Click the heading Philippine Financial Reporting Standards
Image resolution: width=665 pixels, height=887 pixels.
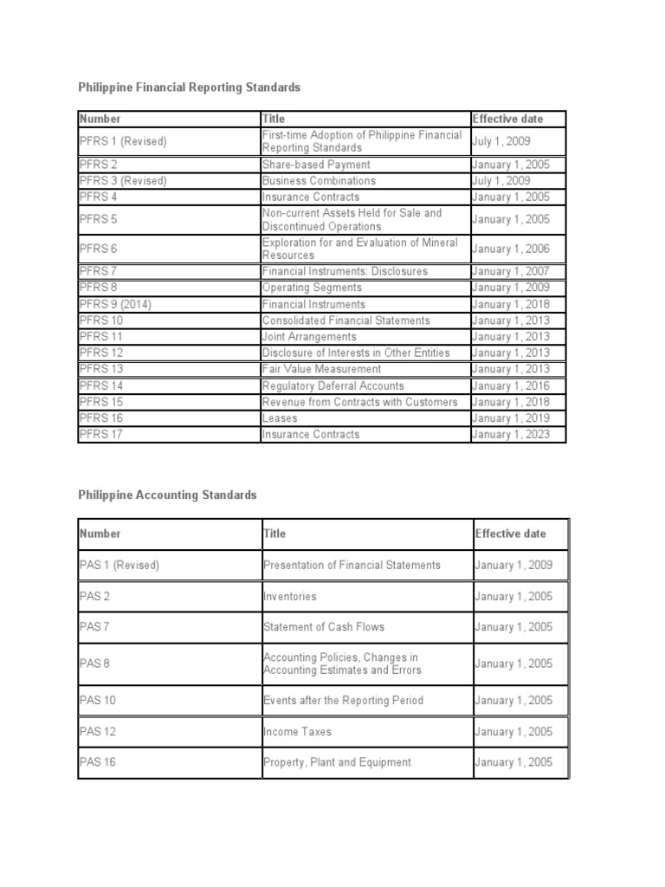click(x=190, y=87)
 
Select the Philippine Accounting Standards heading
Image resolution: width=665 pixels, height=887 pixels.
click(x=168, y=495)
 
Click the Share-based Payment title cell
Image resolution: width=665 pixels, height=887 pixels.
click(x=316, y=165)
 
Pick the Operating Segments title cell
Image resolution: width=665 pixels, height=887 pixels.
click(x=312, y=288)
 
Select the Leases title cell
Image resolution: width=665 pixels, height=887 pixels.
click(x=280, y=418)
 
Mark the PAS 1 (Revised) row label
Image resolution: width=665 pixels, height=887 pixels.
click(x=119, y=565)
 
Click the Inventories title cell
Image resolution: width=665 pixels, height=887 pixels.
click(x=290, y=596)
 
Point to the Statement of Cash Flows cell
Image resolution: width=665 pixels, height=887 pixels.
click(x=323, y=626)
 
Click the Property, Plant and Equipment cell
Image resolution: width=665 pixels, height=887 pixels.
click(x=337, y=762)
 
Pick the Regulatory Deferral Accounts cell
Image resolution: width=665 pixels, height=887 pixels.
click(x=332, y=385)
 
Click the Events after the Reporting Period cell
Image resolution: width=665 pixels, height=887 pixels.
click(x=343, y=700)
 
